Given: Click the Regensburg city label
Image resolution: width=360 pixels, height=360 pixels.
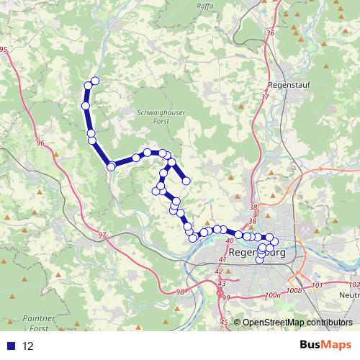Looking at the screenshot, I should point(257,253).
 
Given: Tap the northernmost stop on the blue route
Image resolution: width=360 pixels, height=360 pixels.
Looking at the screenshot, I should point(94,81).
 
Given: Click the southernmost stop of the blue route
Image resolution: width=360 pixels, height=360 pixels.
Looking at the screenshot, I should point(260,259).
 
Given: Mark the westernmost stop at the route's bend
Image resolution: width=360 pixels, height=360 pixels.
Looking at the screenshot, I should point(111,167).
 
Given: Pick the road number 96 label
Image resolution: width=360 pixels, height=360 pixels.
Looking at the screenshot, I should point(40,143).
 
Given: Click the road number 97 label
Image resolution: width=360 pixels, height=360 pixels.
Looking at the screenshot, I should point(101,235).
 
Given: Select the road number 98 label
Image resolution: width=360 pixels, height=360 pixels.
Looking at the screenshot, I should point(179,292).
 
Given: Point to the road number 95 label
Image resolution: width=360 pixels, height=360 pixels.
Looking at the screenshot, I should point(3,49).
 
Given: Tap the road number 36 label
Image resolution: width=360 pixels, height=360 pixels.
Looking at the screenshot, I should point(270,34).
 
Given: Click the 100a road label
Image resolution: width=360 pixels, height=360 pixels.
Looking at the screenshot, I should point(271,295).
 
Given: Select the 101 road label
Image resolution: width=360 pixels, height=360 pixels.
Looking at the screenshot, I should point(318,286).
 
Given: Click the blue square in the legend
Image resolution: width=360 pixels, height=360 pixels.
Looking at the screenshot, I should point(11,346).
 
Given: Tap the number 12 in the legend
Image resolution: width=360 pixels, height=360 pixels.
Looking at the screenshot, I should point(29,346).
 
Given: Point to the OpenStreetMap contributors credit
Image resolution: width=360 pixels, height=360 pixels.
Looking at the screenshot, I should point(297,323).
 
